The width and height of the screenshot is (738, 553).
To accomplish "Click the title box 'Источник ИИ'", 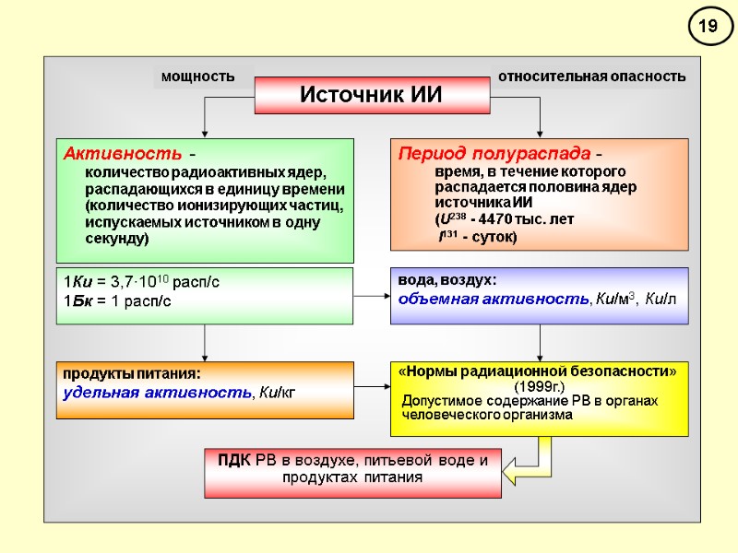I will coord(372,95).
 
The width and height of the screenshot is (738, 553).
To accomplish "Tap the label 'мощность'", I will coord(197,76).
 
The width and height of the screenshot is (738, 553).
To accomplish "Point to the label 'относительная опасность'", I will coord(591,76).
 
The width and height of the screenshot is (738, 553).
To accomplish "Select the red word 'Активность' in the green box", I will coord(101,153).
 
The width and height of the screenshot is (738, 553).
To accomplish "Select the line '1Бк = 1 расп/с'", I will coord(117,301).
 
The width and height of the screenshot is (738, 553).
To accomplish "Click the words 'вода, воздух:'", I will coord(446,280).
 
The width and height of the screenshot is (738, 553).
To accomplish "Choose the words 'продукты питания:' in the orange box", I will coord(131,374).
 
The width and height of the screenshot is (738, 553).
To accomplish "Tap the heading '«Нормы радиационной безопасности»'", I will coord(540,371).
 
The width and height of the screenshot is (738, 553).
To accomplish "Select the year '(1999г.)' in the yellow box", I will coord(540,385).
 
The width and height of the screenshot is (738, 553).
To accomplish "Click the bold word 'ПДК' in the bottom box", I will coord(235,461).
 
